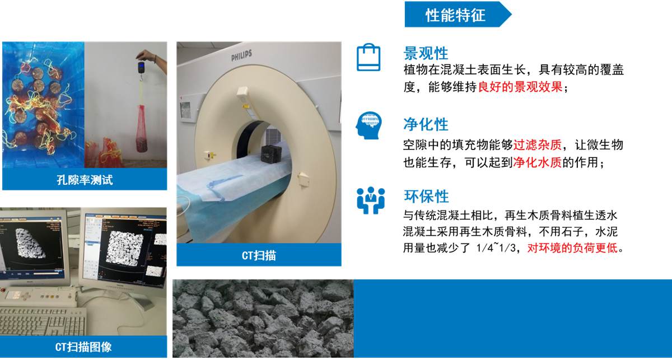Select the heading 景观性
(x=426, y=53)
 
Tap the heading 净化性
(x=426, y=124)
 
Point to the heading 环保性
(x=426, y=197)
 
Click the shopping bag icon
(x=368, y=57)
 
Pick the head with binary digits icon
(x=368, y=125)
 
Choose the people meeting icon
(x=371, y=200)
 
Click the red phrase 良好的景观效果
(x=520, y=87)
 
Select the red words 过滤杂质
(x=537, y=145)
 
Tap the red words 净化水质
(x=537, y=162)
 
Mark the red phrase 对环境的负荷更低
(x=572, y=248)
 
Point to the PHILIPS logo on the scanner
(x=241, y=55)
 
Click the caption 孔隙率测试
(x=85, y=180)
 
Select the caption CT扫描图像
(x=83, y=347)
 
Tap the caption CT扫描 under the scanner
(x=259, y=255)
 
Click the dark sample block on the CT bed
(x=271, y=155)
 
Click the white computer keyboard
(x=42, y=321)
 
